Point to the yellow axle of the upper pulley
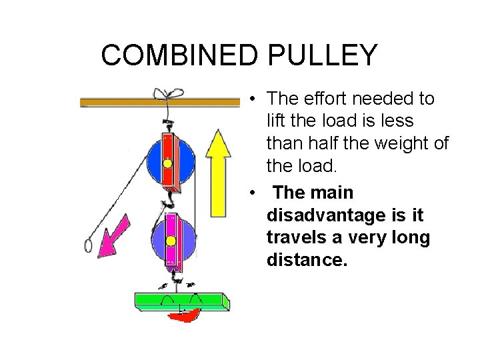pos(167,163)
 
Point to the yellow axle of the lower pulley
pos(171,241)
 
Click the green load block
pos(182,300)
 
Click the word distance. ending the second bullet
pos(307,260)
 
